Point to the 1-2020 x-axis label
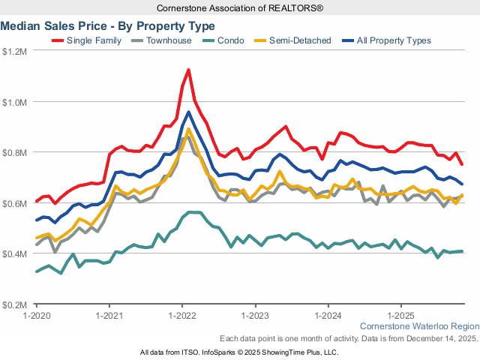(x=37, y=316)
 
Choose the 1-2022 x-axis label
(x=182, y=316)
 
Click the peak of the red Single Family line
(x=188, y=70)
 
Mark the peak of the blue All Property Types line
(x=188, y=112)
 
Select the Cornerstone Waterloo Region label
(x=419, y=327)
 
